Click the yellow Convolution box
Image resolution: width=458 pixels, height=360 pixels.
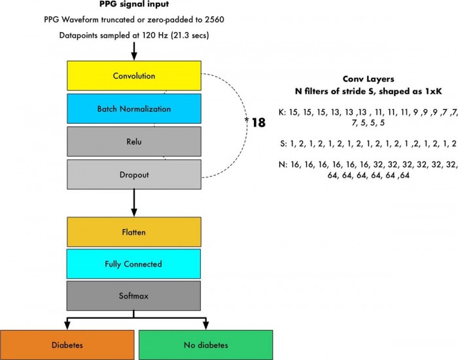tap(133, 75)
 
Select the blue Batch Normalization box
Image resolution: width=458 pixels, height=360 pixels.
tap(133, 108)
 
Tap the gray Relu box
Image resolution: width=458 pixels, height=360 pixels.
tap(133, 140)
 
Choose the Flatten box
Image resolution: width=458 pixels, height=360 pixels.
tap(133, 232)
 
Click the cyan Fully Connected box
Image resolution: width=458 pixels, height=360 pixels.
tap(133, 264)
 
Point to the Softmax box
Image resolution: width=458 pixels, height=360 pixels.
tap(133, 296)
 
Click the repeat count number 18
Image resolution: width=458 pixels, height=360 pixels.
tap(258, 122)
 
